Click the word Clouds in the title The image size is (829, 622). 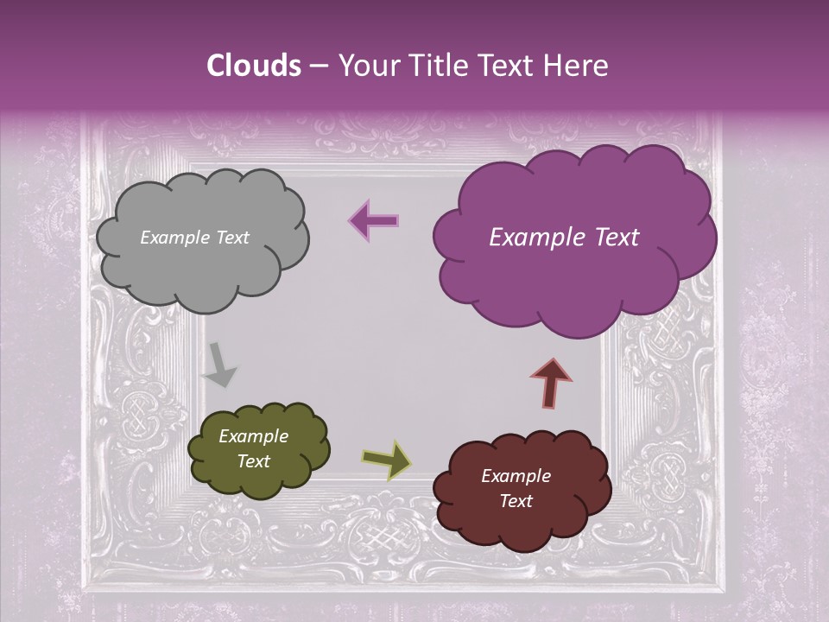253,66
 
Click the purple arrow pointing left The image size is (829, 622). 373,221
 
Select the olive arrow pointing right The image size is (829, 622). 386,460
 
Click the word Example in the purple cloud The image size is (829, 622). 529,238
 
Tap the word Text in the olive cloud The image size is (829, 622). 254,461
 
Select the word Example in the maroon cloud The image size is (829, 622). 516,476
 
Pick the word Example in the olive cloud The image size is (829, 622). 253,436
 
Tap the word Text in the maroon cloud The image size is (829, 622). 516,501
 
